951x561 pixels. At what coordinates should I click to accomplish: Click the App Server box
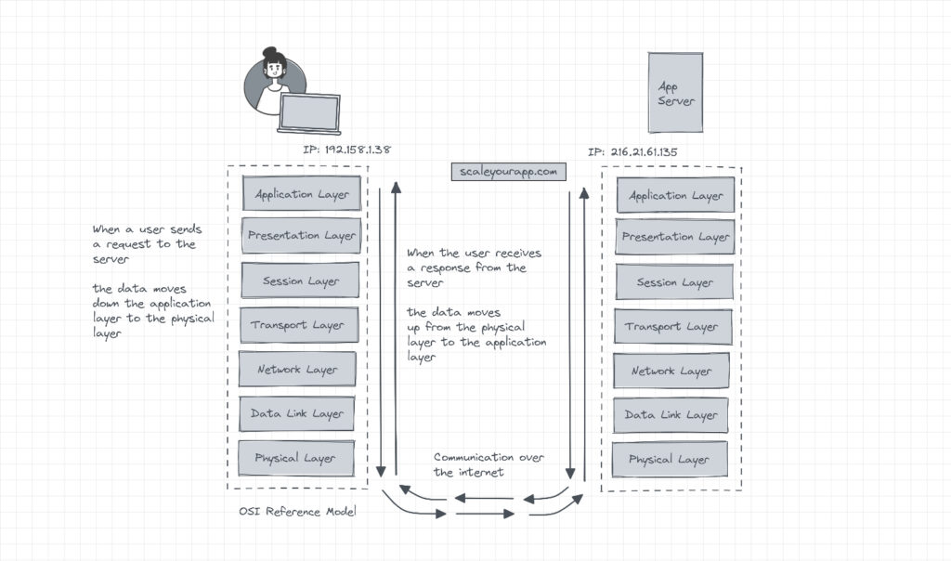(675, 93)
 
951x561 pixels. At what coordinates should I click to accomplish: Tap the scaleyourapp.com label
(509, 172)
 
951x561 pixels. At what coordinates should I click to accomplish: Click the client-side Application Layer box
(301, 194)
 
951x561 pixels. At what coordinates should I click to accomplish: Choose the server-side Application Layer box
(675, 196)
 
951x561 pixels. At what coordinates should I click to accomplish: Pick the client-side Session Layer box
(299, 280)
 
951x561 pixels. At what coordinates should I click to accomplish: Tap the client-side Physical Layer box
(294, 458)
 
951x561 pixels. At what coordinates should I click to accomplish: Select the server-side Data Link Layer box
(671, 415)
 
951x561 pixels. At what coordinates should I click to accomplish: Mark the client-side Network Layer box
(296, 370)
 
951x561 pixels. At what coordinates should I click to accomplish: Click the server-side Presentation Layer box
(675, 238)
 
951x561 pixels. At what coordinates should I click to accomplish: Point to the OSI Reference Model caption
(297, 512)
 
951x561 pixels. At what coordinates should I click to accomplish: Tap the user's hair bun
(269, 54)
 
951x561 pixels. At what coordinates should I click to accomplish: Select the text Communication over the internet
(487, 464)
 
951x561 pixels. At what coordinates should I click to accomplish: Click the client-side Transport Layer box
(296, 325)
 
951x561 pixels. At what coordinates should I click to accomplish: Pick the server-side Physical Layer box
(669, 460)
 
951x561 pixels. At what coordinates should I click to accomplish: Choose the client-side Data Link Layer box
(296, 414)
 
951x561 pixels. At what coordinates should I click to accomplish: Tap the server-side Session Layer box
(673, 282)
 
